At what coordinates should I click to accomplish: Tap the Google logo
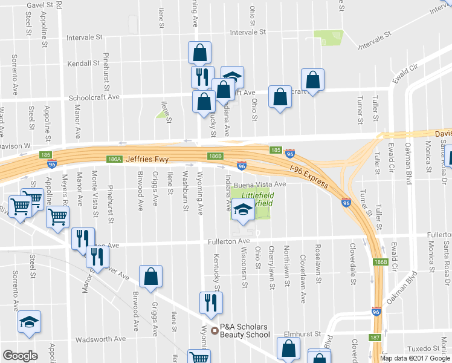pos(21,355)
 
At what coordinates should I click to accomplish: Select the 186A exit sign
pos(114,159)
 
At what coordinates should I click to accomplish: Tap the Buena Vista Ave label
pos(260,184)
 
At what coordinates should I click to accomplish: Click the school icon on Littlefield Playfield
pos(243,211)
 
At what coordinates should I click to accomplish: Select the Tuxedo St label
pos(424,348)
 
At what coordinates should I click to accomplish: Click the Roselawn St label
pos(317,257)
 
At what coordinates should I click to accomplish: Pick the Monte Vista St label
pos(94,188)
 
